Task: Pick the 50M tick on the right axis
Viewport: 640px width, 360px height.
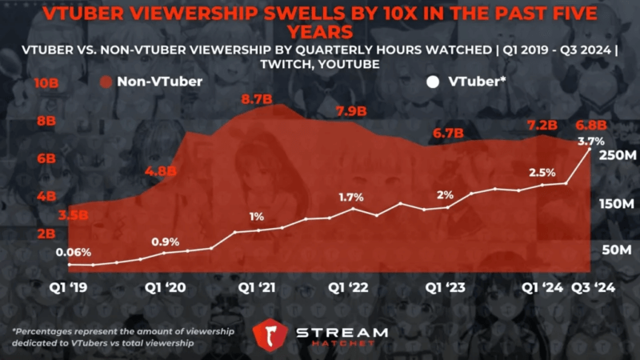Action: click(x=617, y=250)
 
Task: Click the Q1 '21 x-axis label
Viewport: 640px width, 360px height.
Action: click(x=256, y=287)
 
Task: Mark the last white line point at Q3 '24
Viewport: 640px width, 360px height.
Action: click(x=590, y=149)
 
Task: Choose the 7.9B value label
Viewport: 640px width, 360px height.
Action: click(x=351, y=110)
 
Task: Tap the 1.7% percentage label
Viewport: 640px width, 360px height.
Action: click(x=351, y=197)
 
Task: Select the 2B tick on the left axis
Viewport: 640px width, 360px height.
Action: click(x=46, y=234)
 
